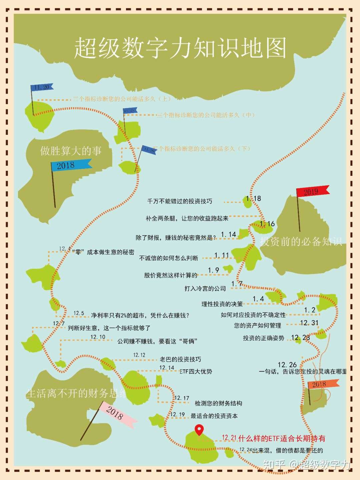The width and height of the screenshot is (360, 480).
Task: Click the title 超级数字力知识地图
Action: coord(180,48)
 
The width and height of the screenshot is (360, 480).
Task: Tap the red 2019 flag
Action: coord(312,191)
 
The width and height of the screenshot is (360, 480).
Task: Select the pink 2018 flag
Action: coord(117,413)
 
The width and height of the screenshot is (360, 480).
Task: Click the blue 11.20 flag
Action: coord(42,87)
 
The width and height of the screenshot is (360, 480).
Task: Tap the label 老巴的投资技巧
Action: coord(180,359)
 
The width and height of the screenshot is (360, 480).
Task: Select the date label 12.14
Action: coord(166,368)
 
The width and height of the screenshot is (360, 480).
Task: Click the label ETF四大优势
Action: coord(196,372)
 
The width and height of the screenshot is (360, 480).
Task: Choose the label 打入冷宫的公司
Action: coord(205,289)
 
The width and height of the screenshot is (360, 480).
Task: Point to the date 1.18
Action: coord(253,199)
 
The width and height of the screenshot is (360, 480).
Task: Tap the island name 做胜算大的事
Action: coord(71,151)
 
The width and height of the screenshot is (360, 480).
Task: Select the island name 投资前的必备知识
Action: coord(301,242)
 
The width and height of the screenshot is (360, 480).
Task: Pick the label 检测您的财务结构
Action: coord(218,403)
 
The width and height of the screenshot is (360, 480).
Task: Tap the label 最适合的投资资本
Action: coord(214,416)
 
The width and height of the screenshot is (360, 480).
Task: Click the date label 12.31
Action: coord(309,323)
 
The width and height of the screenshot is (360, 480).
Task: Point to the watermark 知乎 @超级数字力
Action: coord(307,464)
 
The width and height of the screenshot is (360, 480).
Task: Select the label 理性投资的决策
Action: coord(222,304)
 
